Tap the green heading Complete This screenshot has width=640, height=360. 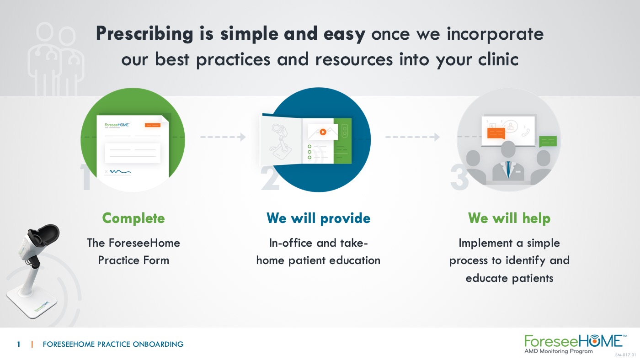[x=133, y=218]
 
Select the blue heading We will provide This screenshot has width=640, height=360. [x=318, y=218]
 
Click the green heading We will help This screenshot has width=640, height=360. [x=509, y=218]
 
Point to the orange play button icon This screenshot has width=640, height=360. [x=323, y=132]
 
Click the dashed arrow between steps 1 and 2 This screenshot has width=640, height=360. [x=223, y=137]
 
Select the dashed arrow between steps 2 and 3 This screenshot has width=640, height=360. [x=412, y=137]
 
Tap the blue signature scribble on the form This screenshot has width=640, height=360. [x=120, y=172]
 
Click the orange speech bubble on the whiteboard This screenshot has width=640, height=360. [x=496, y=133]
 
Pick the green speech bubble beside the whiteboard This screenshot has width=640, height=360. [x=548, y=142]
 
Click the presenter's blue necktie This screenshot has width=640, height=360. [x=508, y=169]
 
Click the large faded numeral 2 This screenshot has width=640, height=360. [x=270, y=179]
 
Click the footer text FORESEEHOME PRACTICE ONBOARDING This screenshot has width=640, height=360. [x=113, y=344]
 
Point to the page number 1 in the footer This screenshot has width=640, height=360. [x=19, y=344]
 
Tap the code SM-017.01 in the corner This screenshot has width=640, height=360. [x=626, y=355]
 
